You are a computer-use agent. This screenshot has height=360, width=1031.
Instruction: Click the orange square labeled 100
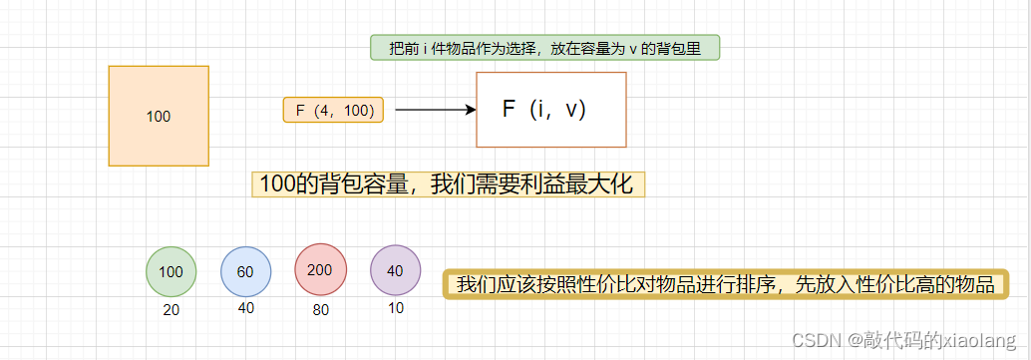click(x=159, y=116)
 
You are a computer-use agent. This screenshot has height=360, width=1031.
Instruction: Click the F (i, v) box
click(x=551, y=110)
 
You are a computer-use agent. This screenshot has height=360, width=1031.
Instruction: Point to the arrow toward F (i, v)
click(x=435, y=110)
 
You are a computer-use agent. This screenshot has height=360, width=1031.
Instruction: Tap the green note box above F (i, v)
click(x=544, y=48)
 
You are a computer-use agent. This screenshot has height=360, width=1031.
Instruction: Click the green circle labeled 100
click(x=172, y=271)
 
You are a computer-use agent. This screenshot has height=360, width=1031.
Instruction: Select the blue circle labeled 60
click(x=246, y=271)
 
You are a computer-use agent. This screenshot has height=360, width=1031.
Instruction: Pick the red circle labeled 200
click(x=320, y=269)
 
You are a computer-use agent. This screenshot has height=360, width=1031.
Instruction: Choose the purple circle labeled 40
click(x=395, y=270)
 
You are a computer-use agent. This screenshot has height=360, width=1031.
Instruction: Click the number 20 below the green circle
click(x=172, y=310)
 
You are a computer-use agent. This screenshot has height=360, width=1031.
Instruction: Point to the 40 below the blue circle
click(x=246, y=308)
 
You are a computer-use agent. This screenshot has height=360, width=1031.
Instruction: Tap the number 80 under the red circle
click(x=320, y=310)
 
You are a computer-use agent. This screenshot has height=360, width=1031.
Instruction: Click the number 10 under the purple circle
click(x=396, y=308)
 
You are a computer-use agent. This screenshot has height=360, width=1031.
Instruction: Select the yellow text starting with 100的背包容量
click(x=447, y=183)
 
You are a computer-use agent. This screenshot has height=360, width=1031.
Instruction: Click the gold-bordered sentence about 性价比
click(x=726, y=284)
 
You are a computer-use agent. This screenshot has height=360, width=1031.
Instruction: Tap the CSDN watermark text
click(x=813, y=340)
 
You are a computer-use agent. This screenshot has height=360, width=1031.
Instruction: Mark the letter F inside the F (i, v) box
click(x=509, y=110)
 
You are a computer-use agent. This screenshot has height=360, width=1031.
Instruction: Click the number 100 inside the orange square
click(x=159, y=117)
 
